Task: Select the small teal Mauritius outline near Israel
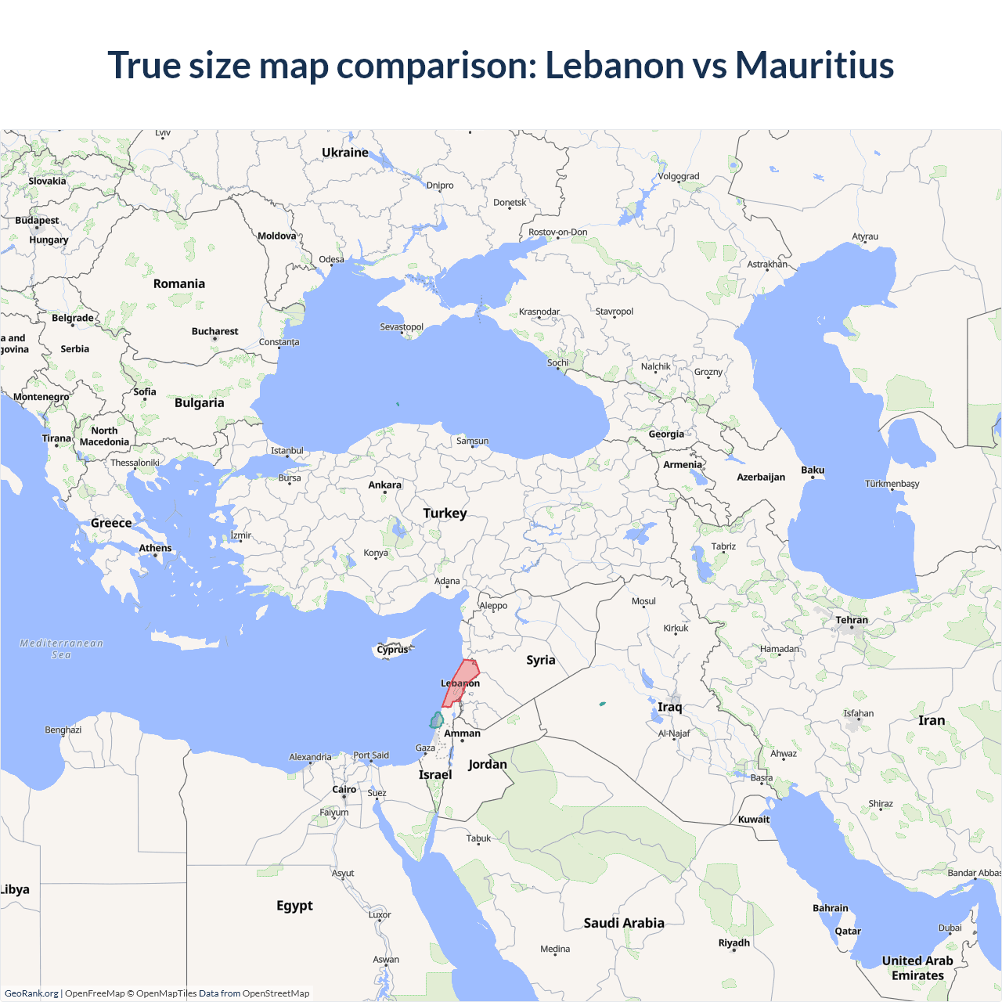point(436,720)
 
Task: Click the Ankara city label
point(384,485)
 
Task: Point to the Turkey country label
point(445,514)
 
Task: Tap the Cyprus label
point(392,650)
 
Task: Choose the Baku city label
point(813,470)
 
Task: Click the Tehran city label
point(852,620)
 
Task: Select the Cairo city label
point(344,789)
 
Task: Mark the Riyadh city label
point(734,943)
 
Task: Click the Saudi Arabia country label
point(624,923)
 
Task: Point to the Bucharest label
point(214,332)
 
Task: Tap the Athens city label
point(155,548)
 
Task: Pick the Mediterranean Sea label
point(61,649)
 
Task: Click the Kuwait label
point(754,820)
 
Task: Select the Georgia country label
point(666,434)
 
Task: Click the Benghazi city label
point(63,730)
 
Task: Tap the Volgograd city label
point(679,177)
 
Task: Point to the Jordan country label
point(488,765)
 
